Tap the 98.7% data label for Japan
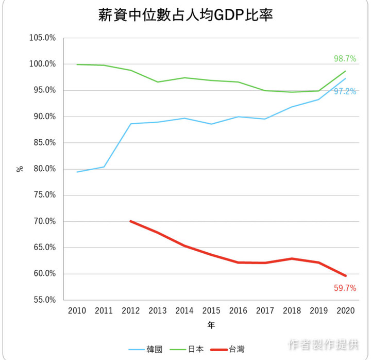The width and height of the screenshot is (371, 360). tap(345, 59)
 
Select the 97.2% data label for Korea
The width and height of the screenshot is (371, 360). tap(345, 91)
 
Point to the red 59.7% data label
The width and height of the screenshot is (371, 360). tap(345, 288)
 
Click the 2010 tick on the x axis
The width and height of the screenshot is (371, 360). tap(77, 310)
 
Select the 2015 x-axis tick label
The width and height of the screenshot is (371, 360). tap(211, 310)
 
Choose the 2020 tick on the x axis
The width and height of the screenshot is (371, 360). tap(345, 310)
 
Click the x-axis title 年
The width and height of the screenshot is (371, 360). tap(211, 325)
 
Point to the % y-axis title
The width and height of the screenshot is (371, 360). tap(20, 169)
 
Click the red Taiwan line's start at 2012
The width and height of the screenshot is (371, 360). tap(131, 221)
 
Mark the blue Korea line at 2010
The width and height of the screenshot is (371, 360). tap(77, 172)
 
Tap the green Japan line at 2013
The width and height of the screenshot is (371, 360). tap(158, 82)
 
